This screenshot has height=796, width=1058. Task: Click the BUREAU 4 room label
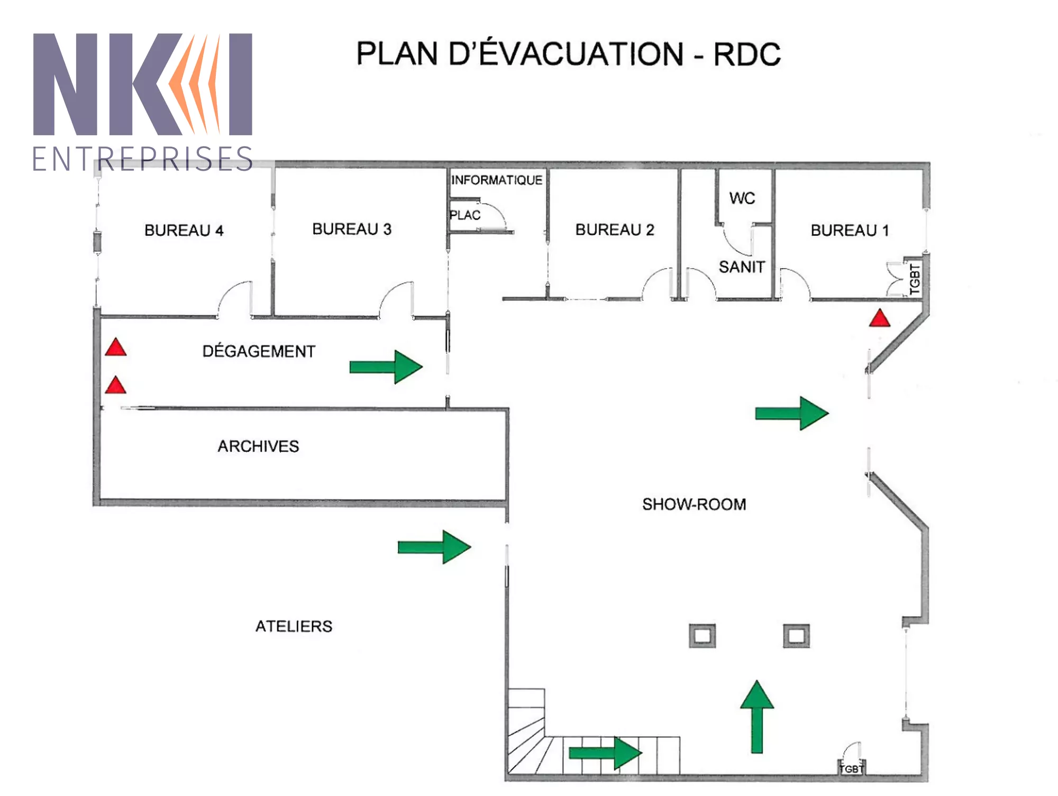pos(184,231)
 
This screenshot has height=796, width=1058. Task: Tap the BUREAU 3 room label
pos(352,229)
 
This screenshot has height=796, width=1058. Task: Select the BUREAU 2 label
pos(615,230)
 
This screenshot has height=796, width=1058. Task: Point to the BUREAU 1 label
pos(850,231)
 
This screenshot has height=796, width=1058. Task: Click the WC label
pos(742,198)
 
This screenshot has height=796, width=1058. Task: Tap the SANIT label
pos(742,267)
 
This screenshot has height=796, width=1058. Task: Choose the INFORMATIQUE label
pos(496,180)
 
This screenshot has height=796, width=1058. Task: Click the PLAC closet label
pos(465,215)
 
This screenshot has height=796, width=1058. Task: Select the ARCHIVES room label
pos(258,446)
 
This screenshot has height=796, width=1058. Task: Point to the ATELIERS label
pos(294,626)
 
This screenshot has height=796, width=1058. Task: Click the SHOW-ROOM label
pos(694,505)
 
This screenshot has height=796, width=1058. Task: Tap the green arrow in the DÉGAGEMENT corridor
pos(386,367)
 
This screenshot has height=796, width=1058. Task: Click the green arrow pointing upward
pos(757,717)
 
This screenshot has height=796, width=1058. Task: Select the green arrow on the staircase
pos(605,753)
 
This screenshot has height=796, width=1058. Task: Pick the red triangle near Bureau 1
pos(879,319)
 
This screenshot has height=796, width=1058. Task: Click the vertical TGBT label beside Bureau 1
pos(915,279)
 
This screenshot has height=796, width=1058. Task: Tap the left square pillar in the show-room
pos(702,635)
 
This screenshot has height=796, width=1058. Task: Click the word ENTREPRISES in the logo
pos(143,159)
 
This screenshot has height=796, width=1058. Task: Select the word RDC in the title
pos(746,54)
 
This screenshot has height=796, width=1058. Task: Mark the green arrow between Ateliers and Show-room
pos(434,547)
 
